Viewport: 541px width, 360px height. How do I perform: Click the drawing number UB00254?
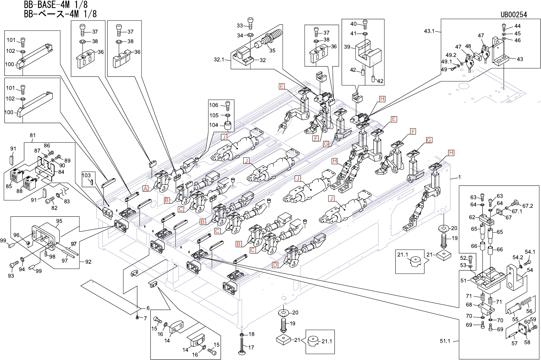(x=514, y=14)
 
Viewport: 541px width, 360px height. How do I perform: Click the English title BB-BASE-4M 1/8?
(x=56, y=4)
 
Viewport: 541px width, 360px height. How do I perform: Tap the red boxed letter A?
(x=146, y=188)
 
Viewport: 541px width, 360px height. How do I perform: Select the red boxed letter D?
(x=275, y=264)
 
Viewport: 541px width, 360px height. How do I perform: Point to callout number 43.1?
(x=429, y=31)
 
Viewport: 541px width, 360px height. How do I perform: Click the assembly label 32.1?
(x=219, y=60)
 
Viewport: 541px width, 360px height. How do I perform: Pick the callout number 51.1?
(x=445, y=341)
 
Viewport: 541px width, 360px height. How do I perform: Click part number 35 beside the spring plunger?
(x=272, y=50)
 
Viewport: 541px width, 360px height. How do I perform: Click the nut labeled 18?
(x=242, y=334)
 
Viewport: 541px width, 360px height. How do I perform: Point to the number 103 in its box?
(x=86, y=175)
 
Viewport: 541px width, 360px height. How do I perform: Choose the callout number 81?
(x=33, y=135)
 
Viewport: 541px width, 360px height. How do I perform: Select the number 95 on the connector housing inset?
(x=59, y=221)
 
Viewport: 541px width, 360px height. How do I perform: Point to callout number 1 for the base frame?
(x=459, y=177)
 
